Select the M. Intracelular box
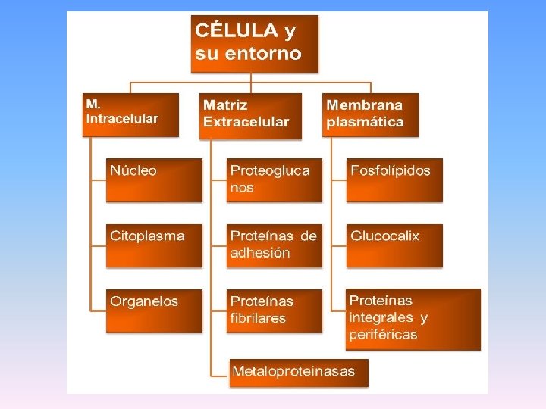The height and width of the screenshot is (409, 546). click(x=130, y=114)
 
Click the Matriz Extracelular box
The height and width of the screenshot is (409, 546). click(x=251, y=115)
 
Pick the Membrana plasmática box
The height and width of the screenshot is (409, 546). click(x=370, y=114)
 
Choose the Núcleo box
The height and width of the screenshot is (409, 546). click(x=154, y=180)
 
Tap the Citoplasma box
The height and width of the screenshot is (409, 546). click(x=154, y=245)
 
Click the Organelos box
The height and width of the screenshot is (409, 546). click(x=154, y=311)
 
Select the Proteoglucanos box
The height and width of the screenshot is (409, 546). click(x=275, y=180)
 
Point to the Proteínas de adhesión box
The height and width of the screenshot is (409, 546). click(x=275, y=245)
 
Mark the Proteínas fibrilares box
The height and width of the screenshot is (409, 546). click(x=275, y=311)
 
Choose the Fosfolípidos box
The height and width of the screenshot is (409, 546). click(x=394, y=180)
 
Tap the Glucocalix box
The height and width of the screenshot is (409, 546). click(x=394, y=245)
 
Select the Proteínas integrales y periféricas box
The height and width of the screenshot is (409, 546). click(x=413, y=319)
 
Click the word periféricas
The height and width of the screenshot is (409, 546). click(x=383, y=335)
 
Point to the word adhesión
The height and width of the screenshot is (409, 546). click(x=260, y=253)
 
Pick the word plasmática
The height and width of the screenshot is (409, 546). click(x=365, y=122)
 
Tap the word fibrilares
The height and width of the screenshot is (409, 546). click(x=258, y=318)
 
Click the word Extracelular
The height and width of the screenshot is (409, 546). click(x=246, y=122)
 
